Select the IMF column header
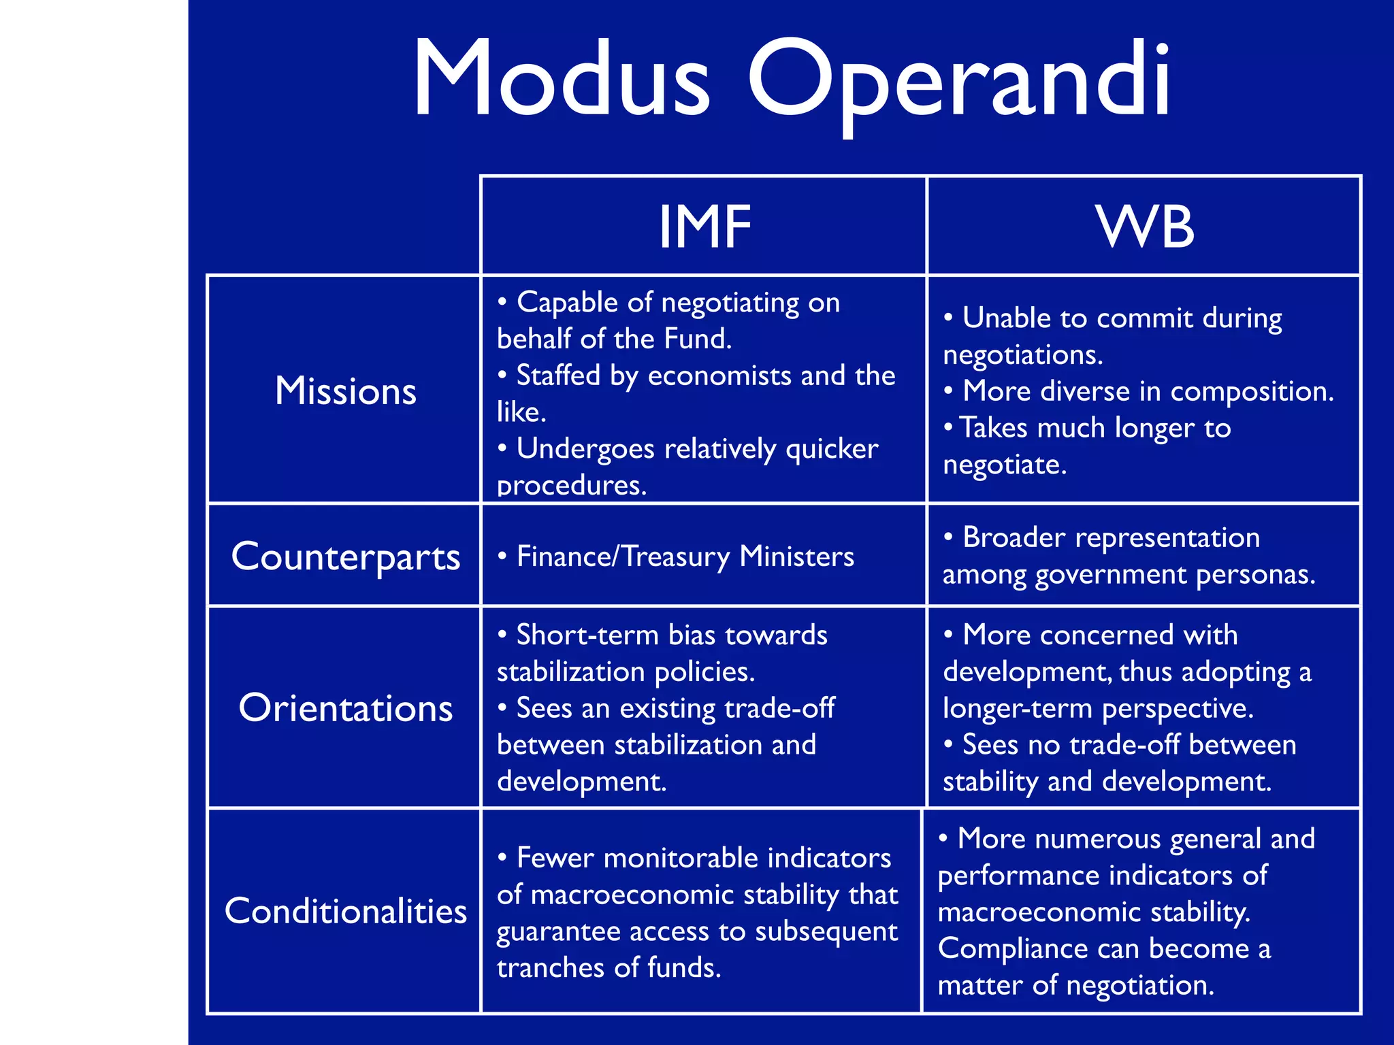tap(704, 227)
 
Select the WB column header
tap(1145, 227)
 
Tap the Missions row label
tap(345, 391)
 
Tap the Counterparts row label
tap(345, 557)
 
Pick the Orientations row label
tap(345, 708)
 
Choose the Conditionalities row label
tap(345, 911)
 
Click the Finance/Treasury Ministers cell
tap(684, 557)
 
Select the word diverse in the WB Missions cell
tap(1086, 391)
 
